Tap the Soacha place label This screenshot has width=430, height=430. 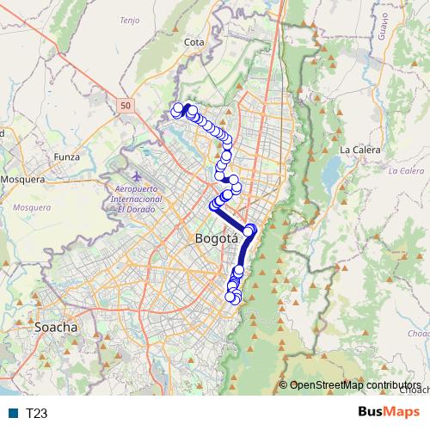[x=56, y=327]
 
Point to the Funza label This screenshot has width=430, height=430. [x=66, y=157]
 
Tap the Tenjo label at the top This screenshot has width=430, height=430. [x=130, y=19]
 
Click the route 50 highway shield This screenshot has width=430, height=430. [x=126, y=104]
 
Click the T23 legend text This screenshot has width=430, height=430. [x=36, y=414]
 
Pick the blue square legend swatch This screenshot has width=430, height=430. [x=14, y=414]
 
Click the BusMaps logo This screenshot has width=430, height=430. [x=390, y=413]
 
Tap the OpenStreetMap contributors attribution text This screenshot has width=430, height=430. [x=354, y=385]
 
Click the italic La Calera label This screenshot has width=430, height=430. [x=406, y=170]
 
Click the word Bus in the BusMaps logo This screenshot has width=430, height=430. [x=373, y=413]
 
